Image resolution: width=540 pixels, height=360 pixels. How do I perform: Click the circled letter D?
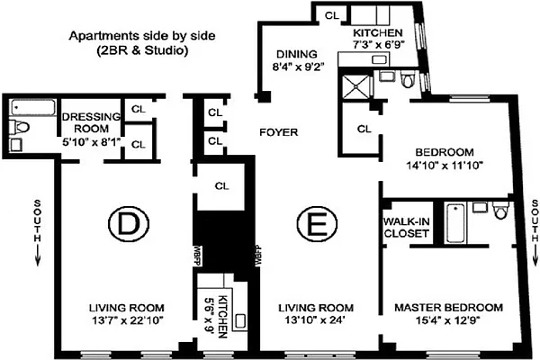pos(129,223)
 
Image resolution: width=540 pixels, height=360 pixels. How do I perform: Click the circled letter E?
pos(317,223)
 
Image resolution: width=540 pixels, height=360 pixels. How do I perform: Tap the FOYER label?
pos(279,132)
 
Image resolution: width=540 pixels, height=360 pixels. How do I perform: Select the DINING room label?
pos(297,54)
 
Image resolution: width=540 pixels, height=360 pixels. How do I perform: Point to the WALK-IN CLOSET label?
pos(407,228)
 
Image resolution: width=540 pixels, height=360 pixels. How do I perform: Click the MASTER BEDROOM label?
pos(448,307)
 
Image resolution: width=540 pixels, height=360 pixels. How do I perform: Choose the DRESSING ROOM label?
pos(91,122)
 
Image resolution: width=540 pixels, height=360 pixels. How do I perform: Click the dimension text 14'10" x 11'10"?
pos(445,166)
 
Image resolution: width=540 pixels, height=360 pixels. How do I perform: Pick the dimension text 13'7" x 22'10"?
pos(127,320)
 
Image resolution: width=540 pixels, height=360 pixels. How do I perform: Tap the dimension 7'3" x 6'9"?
pos(378,45)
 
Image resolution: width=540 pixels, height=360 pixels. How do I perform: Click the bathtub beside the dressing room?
pos(33,107)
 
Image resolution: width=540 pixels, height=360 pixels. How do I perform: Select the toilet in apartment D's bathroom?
pos(19,127)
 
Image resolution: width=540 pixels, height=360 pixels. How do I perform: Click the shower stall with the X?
pos(356,86)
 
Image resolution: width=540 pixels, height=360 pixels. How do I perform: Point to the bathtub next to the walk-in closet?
pos(455,223)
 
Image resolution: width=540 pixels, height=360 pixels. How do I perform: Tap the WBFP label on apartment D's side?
pos(197,256)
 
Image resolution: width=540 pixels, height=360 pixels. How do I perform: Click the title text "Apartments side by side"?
pos(142,36)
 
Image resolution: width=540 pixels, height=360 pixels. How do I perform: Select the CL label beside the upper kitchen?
pos(332,15)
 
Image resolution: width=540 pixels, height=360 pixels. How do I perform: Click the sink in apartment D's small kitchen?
pos(240,320)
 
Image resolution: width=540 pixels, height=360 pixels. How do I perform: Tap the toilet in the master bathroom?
pos(501,210)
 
